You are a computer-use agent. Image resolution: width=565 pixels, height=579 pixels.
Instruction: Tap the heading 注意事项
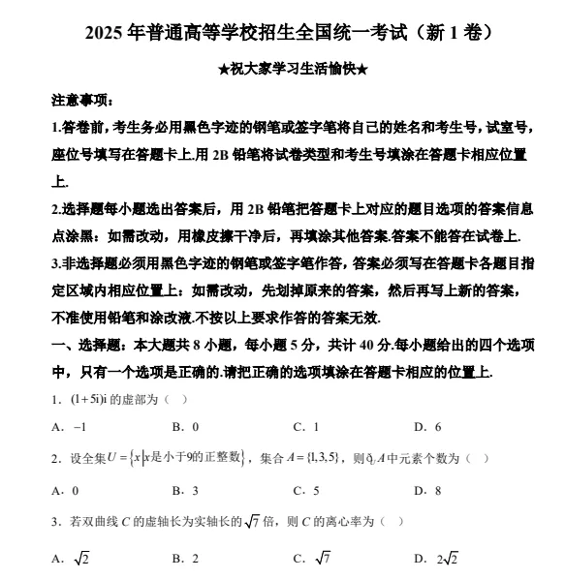point(81,101)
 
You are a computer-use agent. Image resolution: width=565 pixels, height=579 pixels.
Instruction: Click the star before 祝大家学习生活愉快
point(225,71)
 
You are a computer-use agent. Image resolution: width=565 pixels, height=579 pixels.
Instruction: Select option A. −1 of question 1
point(70,426)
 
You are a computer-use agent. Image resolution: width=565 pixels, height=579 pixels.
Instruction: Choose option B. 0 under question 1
point(185,426)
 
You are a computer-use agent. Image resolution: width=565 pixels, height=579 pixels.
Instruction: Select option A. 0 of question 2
point(65,490)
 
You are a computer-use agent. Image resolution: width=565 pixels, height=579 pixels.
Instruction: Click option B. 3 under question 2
point(185,490)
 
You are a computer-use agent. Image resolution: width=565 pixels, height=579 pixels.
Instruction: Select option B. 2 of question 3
point(185,558)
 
